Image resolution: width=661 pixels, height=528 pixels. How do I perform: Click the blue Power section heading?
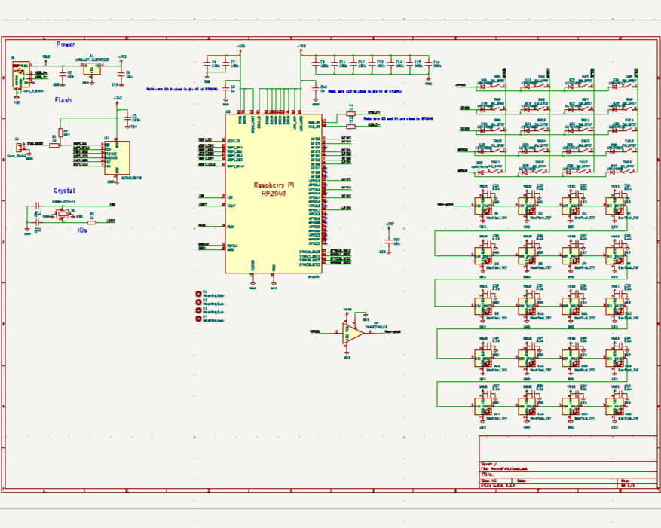pyautogui.click(x=66, y=44)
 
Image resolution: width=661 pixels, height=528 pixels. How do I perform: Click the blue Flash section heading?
pyautogui.click(x=63, y=99)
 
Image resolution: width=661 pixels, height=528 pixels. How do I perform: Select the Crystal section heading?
pyautogui.click(x=64, y=191)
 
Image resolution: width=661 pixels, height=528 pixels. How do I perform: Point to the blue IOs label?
pyautogui.click(x=82, y=230)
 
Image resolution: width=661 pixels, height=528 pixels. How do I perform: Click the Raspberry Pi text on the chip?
pyautogui.click(x=274, y=185)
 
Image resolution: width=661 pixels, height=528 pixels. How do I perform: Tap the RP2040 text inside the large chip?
pyautogui.click(x=274, y=193)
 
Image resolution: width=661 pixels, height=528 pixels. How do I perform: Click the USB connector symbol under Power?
pyautogui.click(x=20, y=75)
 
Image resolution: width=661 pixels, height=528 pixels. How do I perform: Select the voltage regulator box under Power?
pyautogui.click(x=91, y=68)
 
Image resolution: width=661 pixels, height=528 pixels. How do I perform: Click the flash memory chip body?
pyautogui.click(x=116, y=157)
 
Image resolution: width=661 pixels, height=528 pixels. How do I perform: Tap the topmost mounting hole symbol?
pyautogui.click(x=199, y=293)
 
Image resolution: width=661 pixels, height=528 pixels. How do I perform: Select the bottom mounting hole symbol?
pyautogui.click(x=199, y=319)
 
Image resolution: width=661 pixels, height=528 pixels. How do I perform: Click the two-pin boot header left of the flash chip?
pyautogui.click(x=20, y=148)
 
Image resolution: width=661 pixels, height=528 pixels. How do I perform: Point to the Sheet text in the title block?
pyautogui.click(x=488, y=464)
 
